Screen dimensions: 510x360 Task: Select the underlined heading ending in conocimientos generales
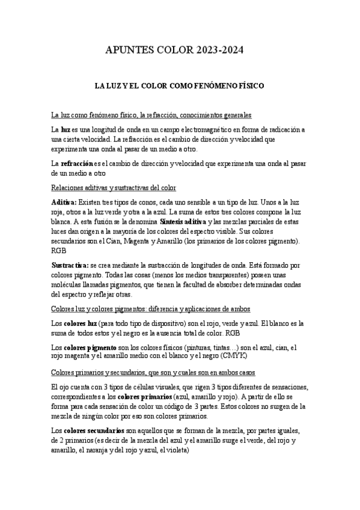click(151, 115)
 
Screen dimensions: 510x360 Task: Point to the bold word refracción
click(77, 163)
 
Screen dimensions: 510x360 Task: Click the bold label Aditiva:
click(64, 202)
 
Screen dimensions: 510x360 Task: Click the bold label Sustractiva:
click(70, 265)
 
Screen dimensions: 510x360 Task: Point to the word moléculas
click(69, 285)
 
